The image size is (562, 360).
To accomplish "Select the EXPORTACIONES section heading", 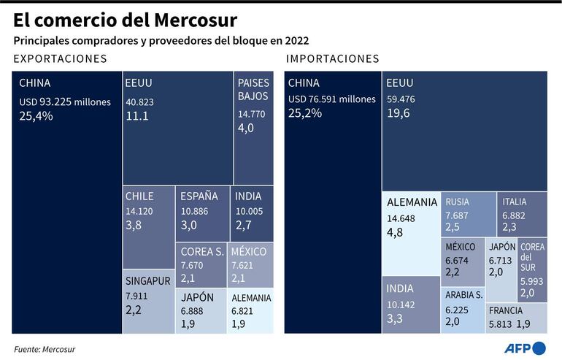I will coord(60,58).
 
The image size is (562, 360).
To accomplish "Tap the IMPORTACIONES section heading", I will coord(333,58).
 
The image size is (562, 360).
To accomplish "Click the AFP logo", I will coord(528,348).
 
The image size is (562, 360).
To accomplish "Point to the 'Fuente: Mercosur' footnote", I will coord(45,349).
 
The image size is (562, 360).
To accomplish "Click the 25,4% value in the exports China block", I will coord(36,115).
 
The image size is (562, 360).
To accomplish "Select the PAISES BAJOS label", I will coord(253,89).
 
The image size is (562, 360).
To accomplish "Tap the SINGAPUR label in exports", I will coord(148,280).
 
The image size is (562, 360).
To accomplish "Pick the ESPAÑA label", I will coord(199,196).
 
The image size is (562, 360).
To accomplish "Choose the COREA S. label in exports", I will coord(202,252).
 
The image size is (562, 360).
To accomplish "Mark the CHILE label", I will coord(139,196).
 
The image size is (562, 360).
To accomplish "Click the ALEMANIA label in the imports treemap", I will coord(412,202).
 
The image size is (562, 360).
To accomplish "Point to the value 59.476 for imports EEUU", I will coord(401,98).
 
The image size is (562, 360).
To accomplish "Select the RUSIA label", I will coord(458,202).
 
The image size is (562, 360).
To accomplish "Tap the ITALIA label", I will coord(515,202).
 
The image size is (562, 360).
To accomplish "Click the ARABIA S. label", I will coord(463,295).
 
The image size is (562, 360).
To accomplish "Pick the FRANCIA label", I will coord(506,310).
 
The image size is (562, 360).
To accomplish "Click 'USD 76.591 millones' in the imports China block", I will coord(332,99).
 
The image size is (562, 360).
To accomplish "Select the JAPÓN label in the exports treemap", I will coord(197,297).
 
